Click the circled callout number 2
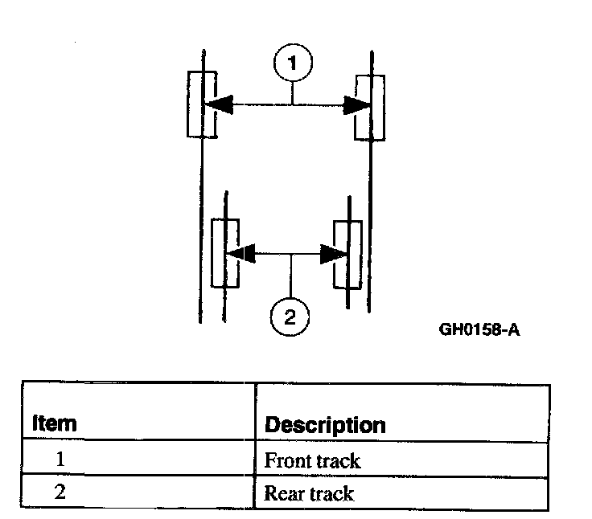pyautogui.click(x=290, y=317)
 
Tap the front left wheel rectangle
pyautogui.click(x=201, y=104)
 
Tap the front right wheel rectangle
pyautogui.click(x=370, y=107)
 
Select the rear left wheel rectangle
pyautogui.click(x=225, y=253)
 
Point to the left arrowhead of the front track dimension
pyautogui.click(x=218, y=104)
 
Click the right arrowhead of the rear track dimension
pyautogui.click(x=331, y=254)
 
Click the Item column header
pyautogui.click(x=54, y=423)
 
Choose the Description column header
pyautogui.click(x=325, y=424)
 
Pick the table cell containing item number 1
pyautogui.click(x=60, y=460)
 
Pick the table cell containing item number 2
pyautogui.click(x=60, y=492)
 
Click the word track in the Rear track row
pyautogui.click(x=331, y=492)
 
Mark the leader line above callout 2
pyautogui.click(x=290, y=277)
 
